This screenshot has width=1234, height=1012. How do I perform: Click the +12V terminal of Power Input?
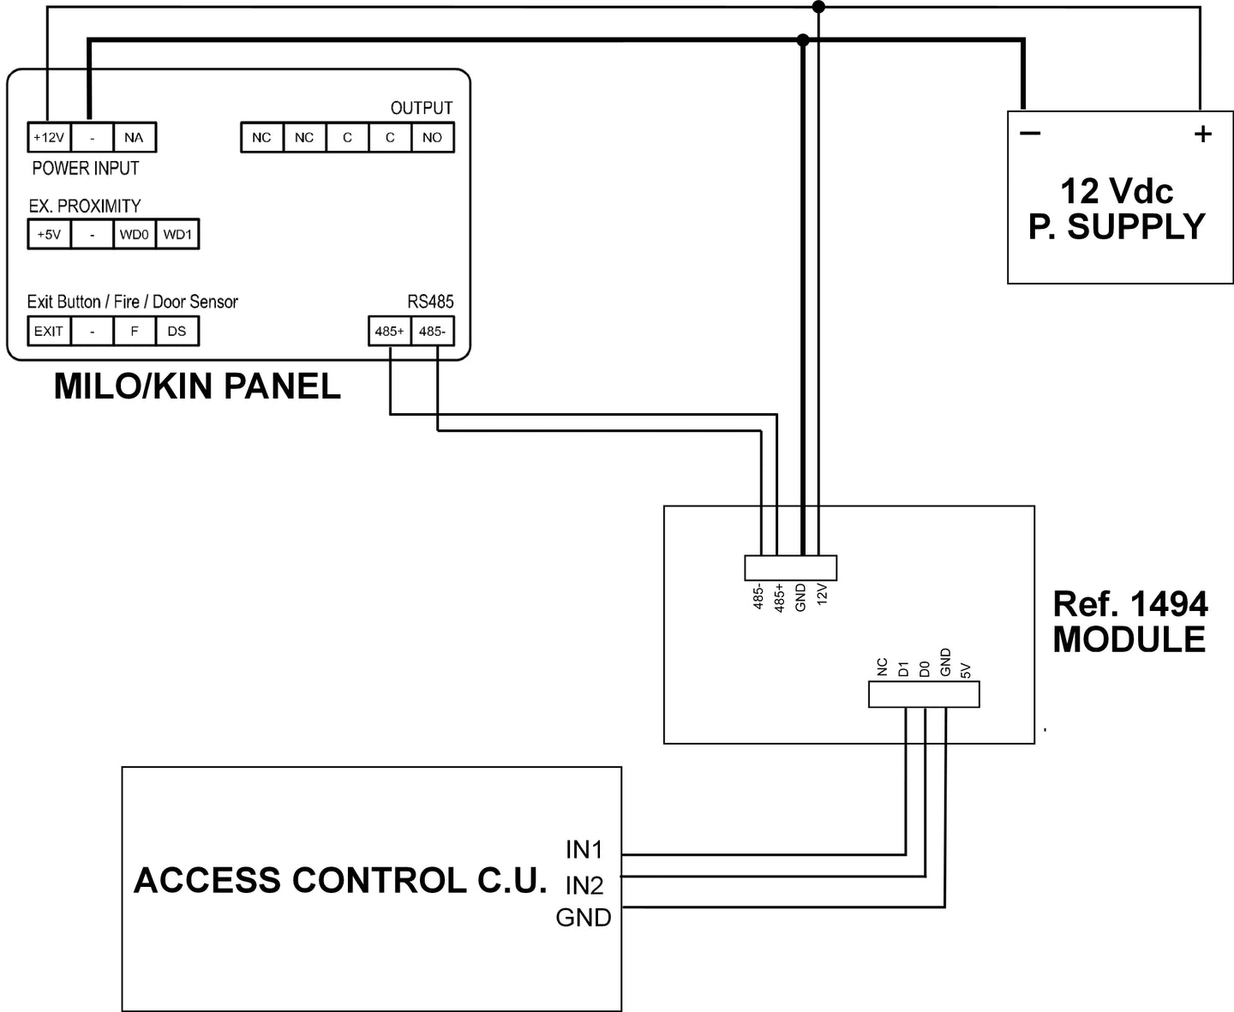point(49,137)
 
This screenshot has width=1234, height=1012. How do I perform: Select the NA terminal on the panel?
point(135,137)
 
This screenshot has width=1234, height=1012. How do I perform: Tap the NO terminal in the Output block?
point(433,137)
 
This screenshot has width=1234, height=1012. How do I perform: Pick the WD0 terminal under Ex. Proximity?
point(135,235)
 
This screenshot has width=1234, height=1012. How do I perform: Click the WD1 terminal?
point(177,235)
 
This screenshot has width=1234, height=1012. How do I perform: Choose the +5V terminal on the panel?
point(49,235)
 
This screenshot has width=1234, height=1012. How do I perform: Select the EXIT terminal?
point(49,331)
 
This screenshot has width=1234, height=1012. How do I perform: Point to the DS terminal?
point(177,331)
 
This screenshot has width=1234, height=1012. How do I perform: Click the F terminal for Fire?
point(135,331)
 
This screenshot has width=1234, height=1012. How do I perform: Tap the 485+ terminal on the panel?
point(390,331)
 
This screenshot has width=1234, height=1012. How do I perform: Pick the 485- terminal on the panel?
point(433,331)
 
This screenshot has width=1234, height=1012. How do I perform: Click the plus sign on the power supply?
point(1203,135)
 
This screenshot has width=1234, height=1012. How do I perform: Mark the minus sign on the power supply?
point(1030,134)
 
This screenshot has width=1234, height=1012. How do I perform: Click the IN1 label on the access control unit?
point(584,850)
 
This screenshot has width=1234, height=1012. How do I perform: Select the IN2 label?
point(584,886)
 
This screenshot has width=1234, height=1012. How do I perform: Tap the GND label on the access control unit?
point(584,917)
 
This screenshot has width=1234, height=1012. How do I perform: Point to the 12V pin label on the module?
point(822,594)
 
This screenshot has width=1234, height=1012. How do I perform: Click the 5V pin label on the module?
point(966,670)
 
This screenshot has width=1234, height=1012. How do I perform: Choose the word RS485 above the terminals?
point(431,302)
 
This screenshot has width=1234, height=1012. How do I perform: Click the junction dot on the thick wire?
point(803,39)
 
